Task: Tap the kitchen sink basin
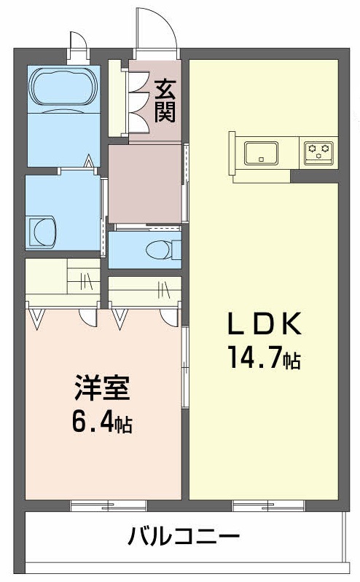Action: click(260, 153)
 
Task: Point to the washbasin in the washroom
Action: click(42, 231)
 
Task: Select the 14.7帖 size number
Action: click(263, 359)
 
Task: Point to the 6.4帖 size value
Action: click(101, 423)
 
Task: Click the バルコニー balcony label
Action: click(184, 538)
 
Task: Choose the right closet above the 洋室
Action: click(145, 288)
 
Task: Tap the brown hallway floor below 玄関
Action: click(144, 183)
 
